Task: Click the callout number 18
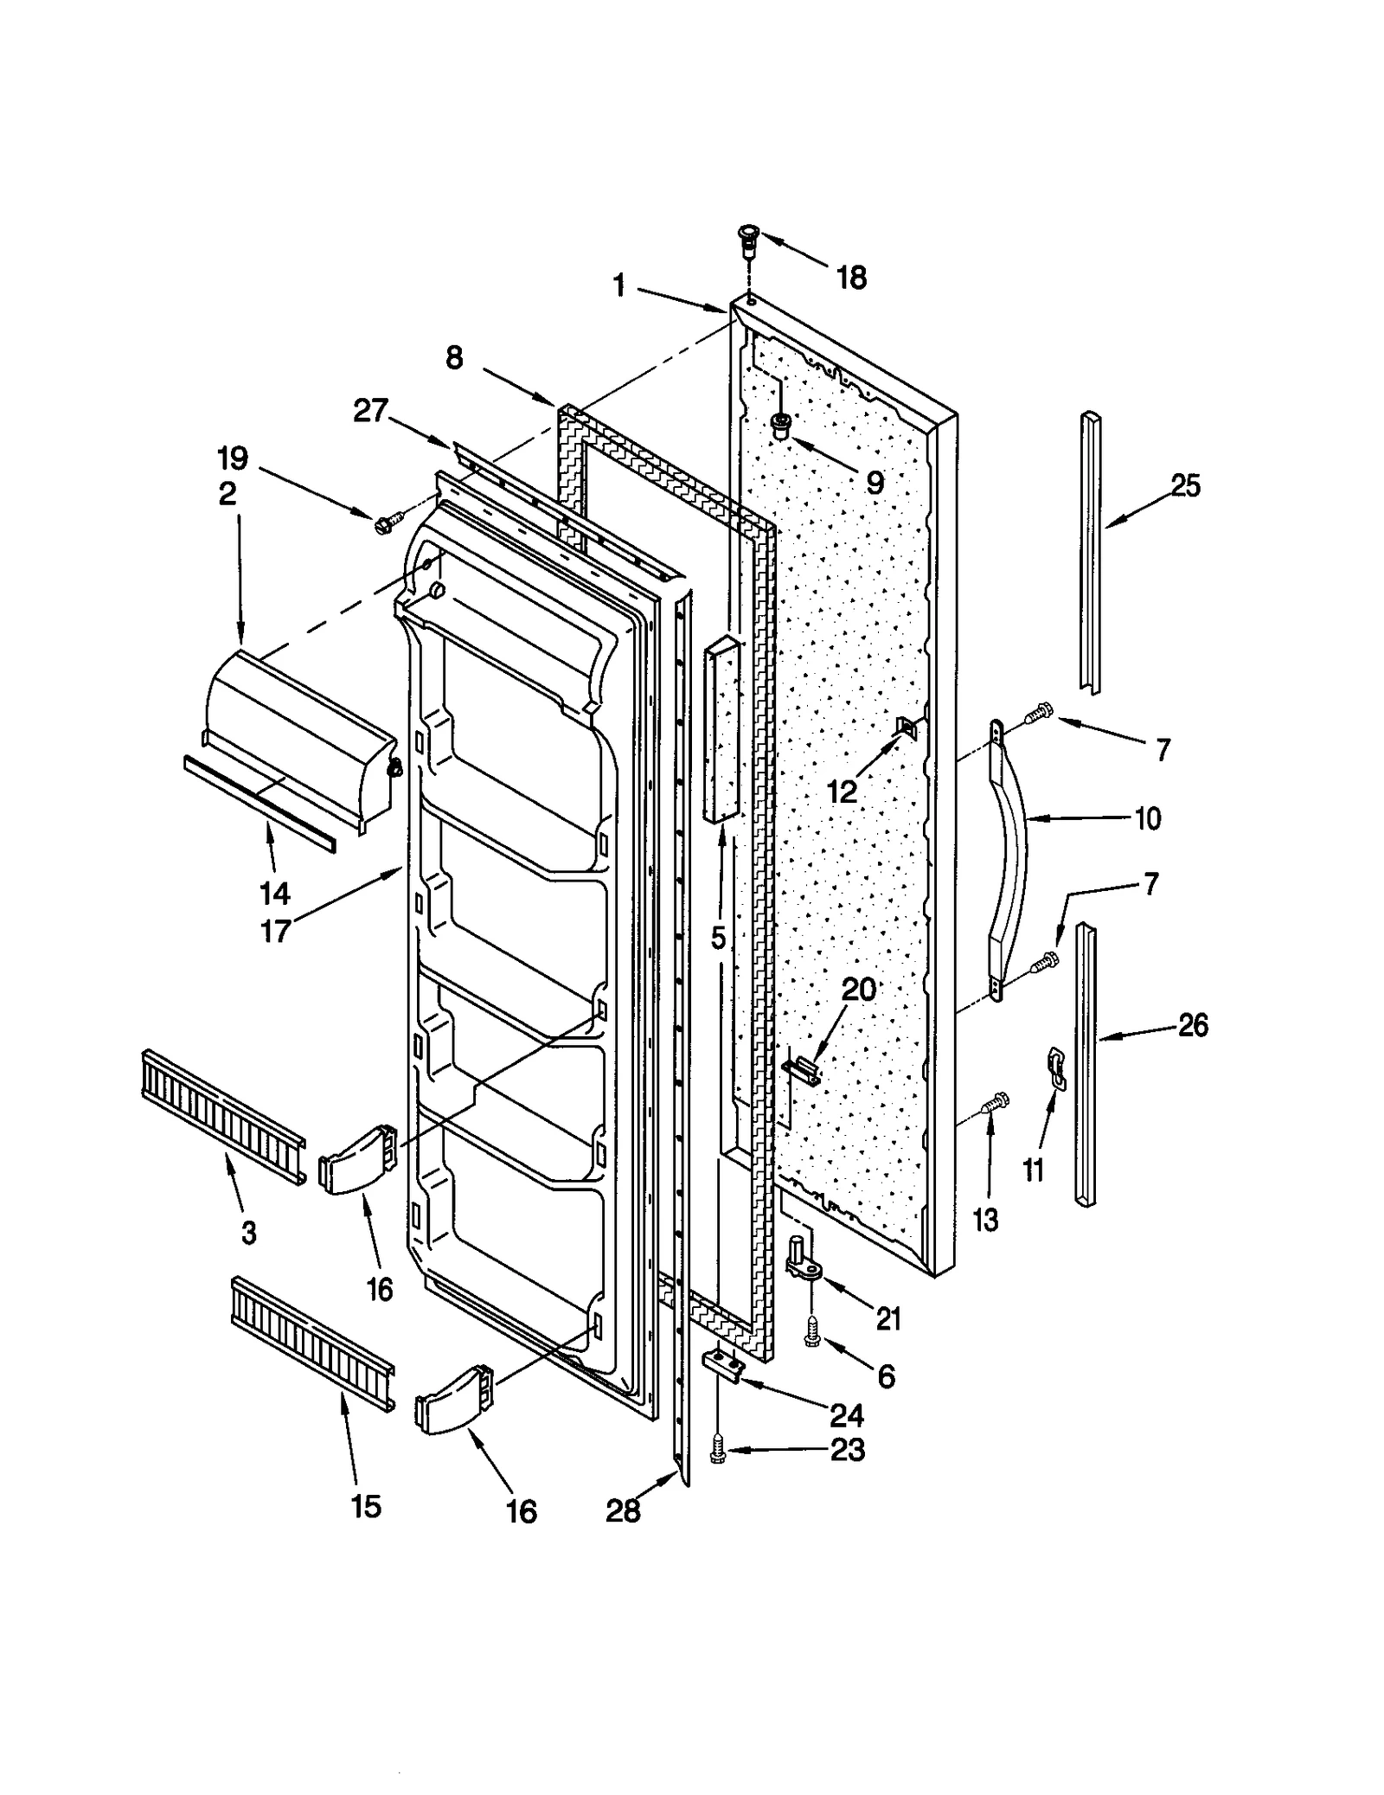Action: click(x=851, y=279)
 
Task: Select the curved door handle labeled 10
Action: click(x=1011, y=856)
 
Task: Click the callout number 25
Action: click(x=1185, y=486)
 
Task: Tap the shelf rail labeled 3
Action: click(x=222, y=1116)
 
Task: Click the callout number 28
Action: click(x=623, y=1510)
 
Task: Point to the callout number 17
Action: click(x=275, y=932)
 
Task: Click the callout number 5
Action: click(x=719, y=939)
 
